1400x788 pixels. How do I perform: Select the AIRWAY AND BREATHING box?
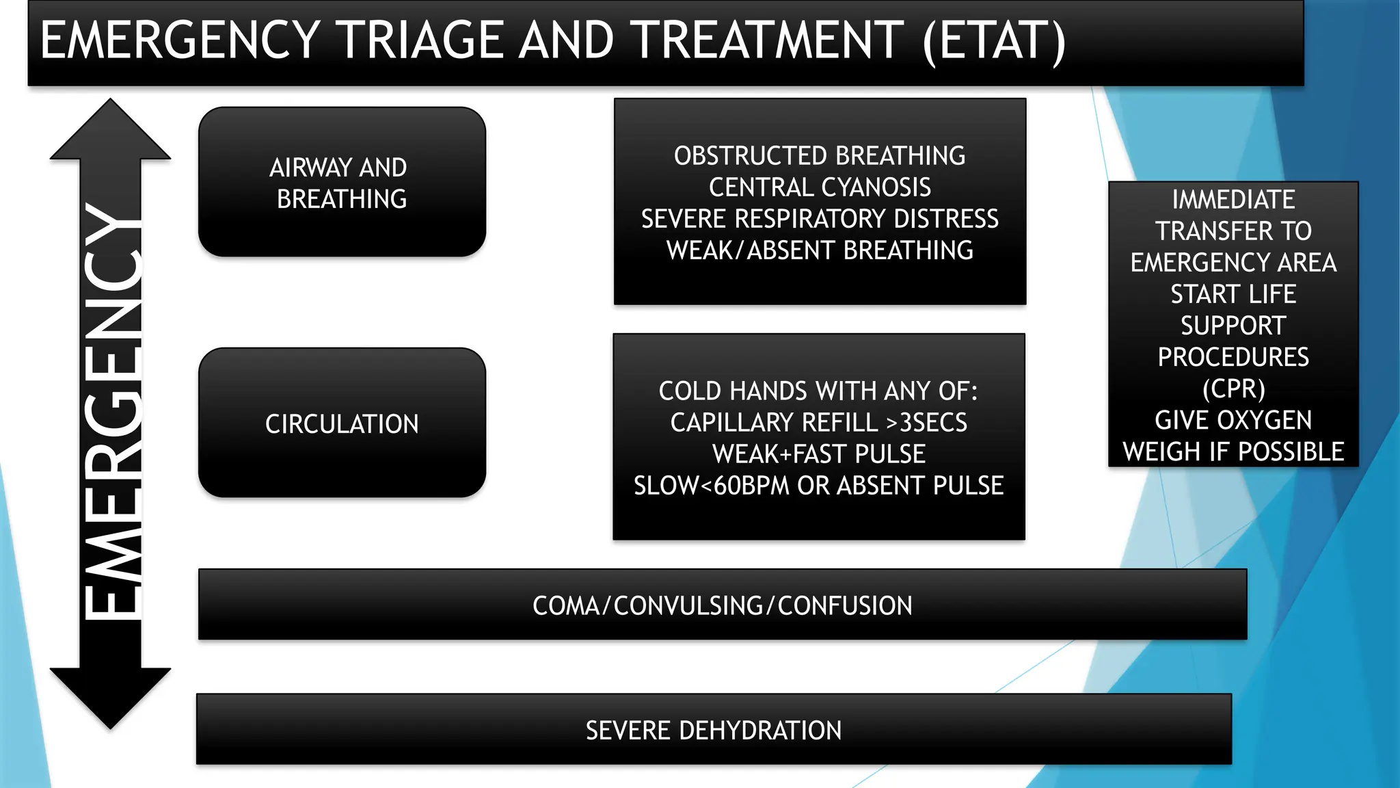342,182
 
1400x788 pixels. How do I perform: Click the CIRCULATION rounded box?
342,423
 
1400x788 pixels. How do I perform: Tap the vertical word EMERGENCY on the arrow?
112,410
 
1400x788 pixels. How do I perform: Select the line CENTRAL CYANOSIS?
820,187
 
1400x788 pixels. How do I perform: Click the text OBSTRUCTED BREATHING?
820,155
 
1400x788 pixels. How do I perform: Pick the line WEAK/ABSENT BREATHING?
820,250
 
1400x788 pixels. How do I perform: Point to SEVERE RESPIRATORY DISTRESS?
820,219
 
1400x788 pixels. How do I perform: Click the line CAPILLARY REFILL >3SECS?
818,423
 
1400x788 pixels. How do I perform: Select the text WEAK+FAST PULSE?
818,454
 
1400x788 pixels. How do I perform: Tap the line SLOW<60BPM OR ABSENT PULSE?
818,486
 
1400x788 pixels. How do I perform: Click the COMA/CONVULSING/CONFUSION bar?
722,605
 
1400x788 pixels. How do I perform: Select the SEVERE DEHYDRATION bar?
714,730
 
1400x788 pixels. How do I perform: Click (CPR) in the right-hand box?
1233,389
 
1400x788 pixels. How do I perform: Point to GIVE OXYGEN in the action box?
1233,420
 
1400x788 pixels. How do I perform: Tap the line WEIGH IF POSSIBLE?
1233,451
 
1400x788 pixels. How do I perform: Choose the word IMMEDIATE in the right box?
1233,200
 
